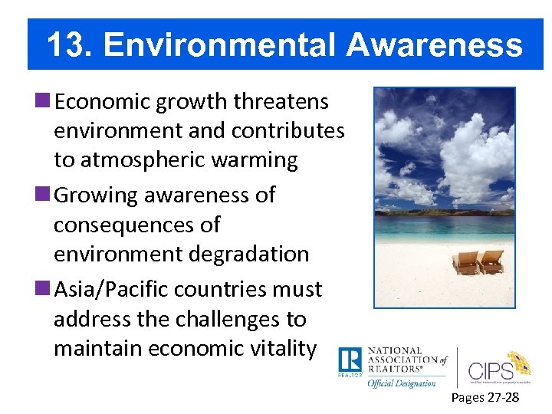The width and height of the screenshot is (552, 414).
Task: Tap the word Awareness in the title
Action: tap(434, 45)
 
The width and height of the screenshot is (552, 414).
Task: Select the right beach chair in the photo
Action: tap(490, 261)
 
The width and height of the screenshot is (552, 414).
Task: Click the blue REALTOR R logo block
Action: tap(350, 361)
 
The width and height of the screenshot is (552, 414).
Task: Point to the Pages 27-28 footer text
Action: tap(485, 397)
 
